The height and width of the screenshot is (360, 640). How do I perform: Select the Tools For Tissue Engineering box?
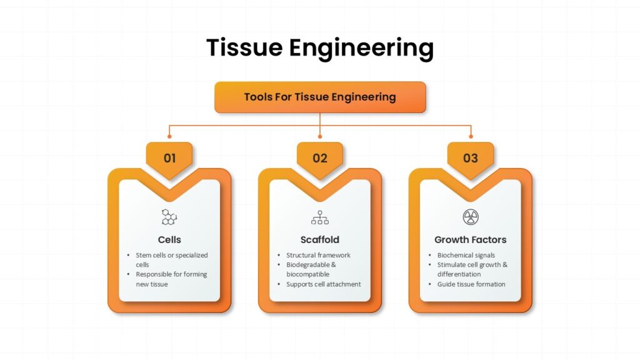[320, 97]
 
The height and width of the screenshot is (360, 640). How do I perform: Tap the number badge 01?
[169, 158]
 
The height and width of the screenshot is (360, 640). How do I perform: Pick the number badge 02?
[320, 158]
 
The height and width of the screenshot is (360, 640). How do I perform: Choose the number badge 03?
[470, 158]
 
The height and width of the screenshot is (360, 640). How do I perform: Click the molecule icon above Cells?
[169, 217]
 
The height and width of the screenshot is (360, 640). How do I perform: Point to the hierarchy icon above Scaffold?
[320, 217]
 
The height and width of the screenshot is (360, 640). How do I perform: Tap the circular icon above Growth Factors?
[470, 217]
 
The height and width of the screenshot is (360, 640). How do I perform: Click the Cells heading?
[169, 239]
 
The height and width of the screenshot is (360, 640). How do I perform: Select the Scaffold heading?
[320, 239]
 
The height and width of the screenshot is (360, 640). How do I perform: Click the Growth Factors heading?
[470, 239]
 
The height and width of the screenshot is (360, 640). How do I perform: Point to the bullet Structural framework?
[318, 255]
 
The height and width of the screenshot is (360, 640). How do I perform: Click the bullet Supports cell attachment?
[323, 284]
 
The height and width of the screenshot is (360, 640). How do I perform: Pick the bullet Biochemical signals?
[466, 255]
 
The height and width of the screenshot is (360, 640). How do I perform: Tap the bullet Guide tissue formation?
[471, 284]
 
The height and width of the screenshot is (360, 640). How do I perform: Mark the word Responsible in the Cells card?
[154, 274]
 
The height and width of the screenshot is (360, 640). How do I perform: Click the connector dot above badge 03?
[471, 136]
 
